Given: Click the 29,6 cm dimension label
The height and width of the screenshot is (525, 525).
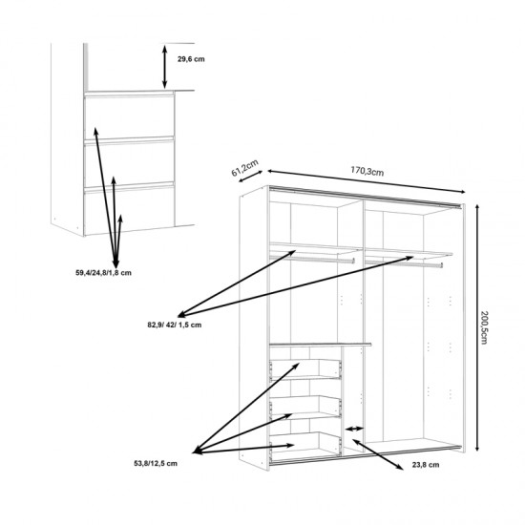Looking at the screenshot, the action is click(191, 59).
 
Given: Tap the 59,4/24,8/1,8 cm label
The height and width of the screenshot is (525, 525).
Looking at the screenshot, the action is click(103, 273).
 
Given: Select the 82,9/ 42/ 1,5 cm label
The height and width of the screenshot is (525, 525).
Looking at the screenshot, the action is click(175, 325).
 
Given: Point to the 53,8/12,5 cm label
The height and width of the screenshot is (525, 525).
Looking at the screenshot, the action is click(156, 463).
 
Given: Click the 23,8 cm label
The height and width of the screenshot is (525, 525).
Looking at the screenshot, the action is click(425, 465).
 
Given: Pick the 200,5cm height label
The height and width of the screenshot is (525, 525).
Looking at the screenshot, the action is click(484, 326).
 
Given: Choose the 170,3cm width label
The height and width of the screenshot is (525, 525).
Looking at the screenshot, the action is click(367, 171).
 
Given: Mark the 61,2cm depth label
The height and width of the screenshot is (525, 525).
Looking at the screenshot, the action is click(245, 167).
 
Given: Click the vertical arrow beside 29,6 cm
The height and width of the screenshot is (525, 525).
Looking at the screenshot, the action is click(164, 67).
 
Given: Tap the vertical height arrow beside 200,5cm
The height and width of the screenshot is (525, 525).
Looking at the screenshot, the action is click(477, 327).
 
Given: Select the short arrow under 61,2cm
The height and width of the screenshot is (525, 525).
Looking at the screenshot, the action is click(250, 177).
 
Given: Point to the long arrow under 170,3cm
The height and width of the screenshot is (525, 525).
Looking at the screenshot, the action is click(367, 181).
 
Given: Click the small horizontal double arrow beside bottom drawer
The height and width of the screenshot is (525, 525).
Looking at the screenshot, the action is click(354, 429).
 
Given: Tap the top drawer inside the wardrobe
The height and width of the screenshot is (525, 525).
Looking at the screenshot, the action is click(305, 369).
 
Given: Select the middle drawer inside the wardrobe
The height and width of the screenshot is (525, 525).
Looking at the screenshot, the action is click(305, 406).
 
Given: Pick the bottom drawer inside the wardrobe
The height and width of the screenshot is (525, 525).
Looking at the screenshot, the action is click(305, 443).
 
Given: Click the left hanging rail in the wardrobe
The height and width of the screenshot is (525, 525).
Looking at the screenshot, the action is click(312, 260).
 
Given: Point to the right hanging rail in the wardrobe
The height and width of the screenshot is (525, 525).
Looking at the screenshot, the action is click(404, 263).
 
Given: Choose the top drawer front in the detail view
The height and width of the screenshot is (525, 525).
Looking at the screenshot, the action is click(129, 117).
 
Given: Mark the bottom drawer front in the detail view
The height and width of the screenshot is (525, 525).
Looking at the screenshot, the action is click(129, 210).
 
